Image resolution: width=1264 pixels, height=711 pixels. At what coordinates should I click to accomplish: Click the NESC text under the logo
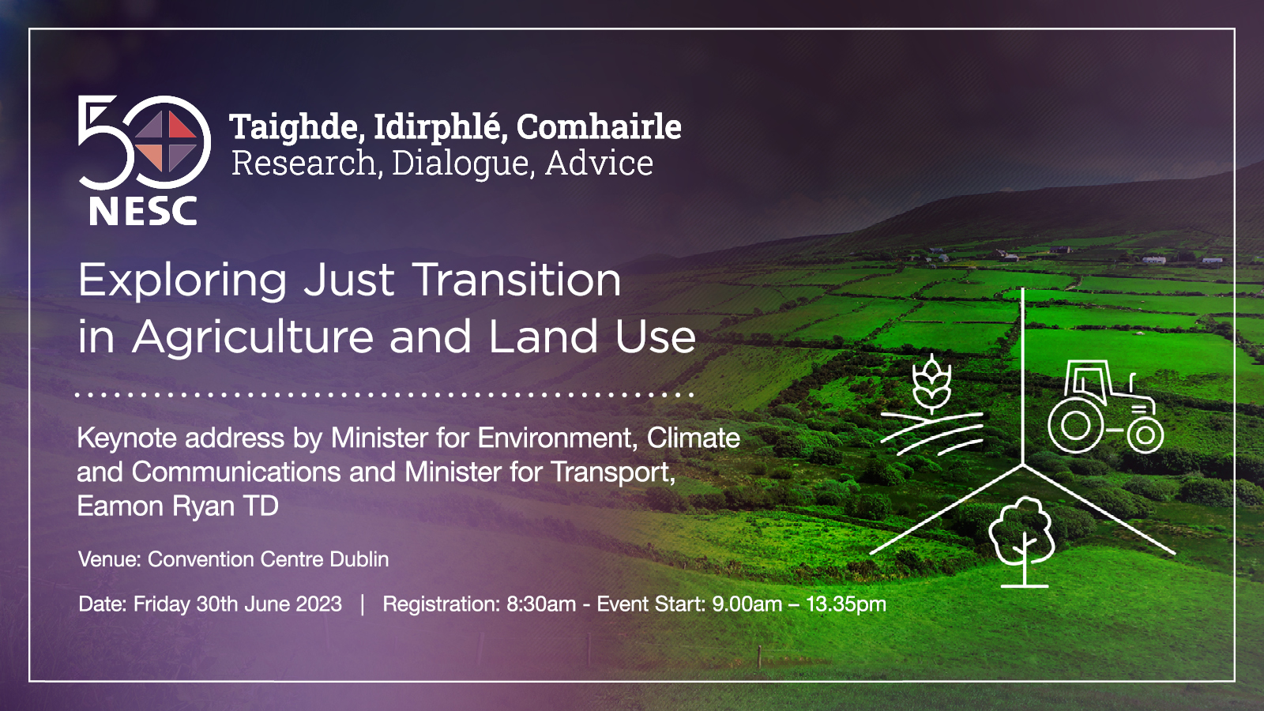click(x=143, y=211)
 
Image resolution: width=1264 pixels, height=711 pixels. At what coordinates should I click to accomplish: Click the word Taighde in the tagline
click(x=293, y=127)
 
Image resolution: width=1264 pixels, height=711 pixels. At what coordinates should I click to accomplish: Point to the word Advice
click(x=600, y=163)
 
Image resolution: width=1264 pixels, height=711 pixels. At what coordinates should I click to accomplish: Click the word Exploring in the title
click(x=182, y=281)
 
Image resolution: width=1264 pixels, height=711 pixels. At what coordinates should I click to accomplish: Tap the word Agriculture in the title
click(x=253, y=337)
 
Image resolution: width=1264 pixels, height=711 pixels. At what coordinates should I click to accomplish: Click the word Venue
click(x=110, y=559)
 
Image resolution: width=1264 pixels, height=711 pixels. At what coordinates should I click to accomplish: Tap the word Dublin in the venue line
click(x=359, y=559)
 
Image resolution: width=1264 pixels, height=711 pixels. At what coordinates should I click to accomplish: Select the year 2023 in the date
click(x=319, y=604)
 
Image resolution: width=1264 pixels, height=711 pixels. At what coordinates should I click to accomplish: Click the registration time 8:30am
click(x=541, y=604)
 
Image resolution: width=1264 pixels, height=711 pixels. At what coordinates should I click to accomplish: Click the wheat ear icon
click(x=931, y=384)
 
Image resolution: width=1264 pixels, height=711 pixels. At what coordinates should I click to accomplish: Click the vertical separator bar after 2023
click(x=363, y=604)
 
